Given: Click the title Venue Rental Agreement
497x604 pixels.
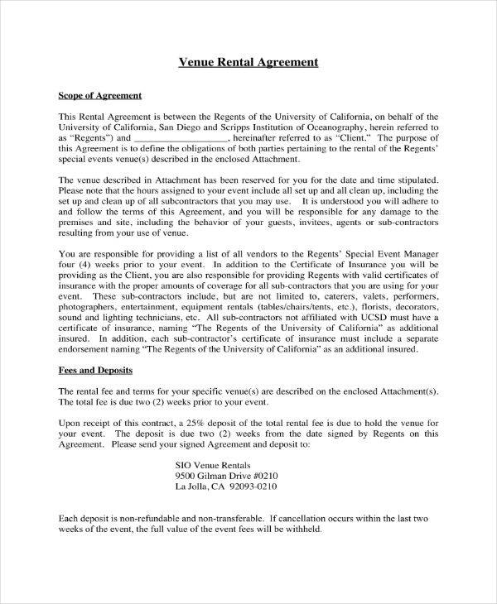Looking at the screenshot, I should point(248,63).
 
